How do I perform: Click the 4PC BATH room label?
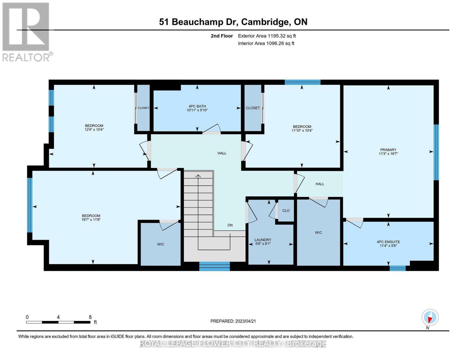[x=197, y=106]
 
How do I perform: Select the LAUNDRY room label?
[x=263, y=240]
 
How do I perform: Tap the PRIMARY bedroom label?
[x=388, y=150]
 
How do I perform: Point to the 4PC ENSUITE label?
[x=388, y=242]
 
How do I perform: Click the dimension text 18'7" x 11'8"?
[x=91, y=220]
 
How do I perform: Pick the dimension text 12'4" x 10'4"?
[x=94, y=130]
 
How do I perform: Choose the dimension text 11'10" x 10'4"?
[x=302, y=130]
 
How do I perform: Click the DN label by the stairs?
[x=230, y=225]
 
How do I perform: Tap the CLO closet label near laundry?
[x=286, y=211]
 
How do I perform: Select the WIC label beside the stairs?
[x=161, y=244]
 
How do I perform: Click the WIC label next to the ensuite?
[x=318, y=232]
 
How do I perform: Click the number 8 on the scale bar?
[x=90, y=317]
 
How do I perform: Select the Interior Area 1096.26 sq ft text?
[x=266, y=43]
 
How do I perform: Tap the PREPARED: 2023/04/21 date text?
[x=233, y=321]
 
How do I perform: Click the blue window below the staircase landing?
[x=215, y=266]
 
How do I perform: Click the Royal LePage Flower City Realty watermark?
[x=233, y=343]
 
